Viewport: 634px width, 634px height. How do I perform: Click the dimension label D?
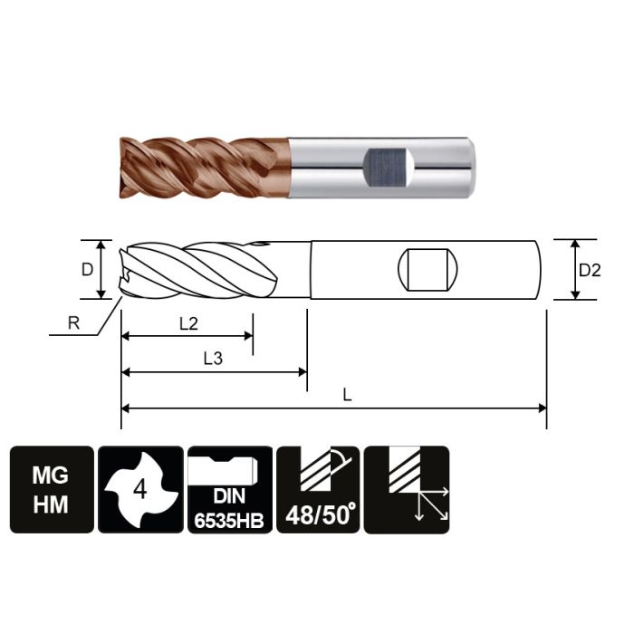pos(87,269)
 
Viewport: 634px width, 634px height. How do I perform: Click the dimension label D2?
pos(590,270)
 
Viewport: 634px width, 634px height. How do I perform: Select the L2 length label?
pos(188,324)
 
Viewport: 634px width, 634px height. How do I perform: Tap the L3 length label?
pos(214,359)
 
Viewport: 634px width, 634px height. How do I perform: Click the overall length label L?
pos(348,395)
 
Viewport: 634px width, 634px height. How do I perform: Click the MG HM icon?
pos(51,490)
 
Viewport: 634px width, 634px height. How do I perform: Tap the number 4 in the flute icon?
pos(139,490)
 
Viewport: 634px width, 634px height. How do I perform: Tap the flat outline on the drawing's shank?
pos(427,269)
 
